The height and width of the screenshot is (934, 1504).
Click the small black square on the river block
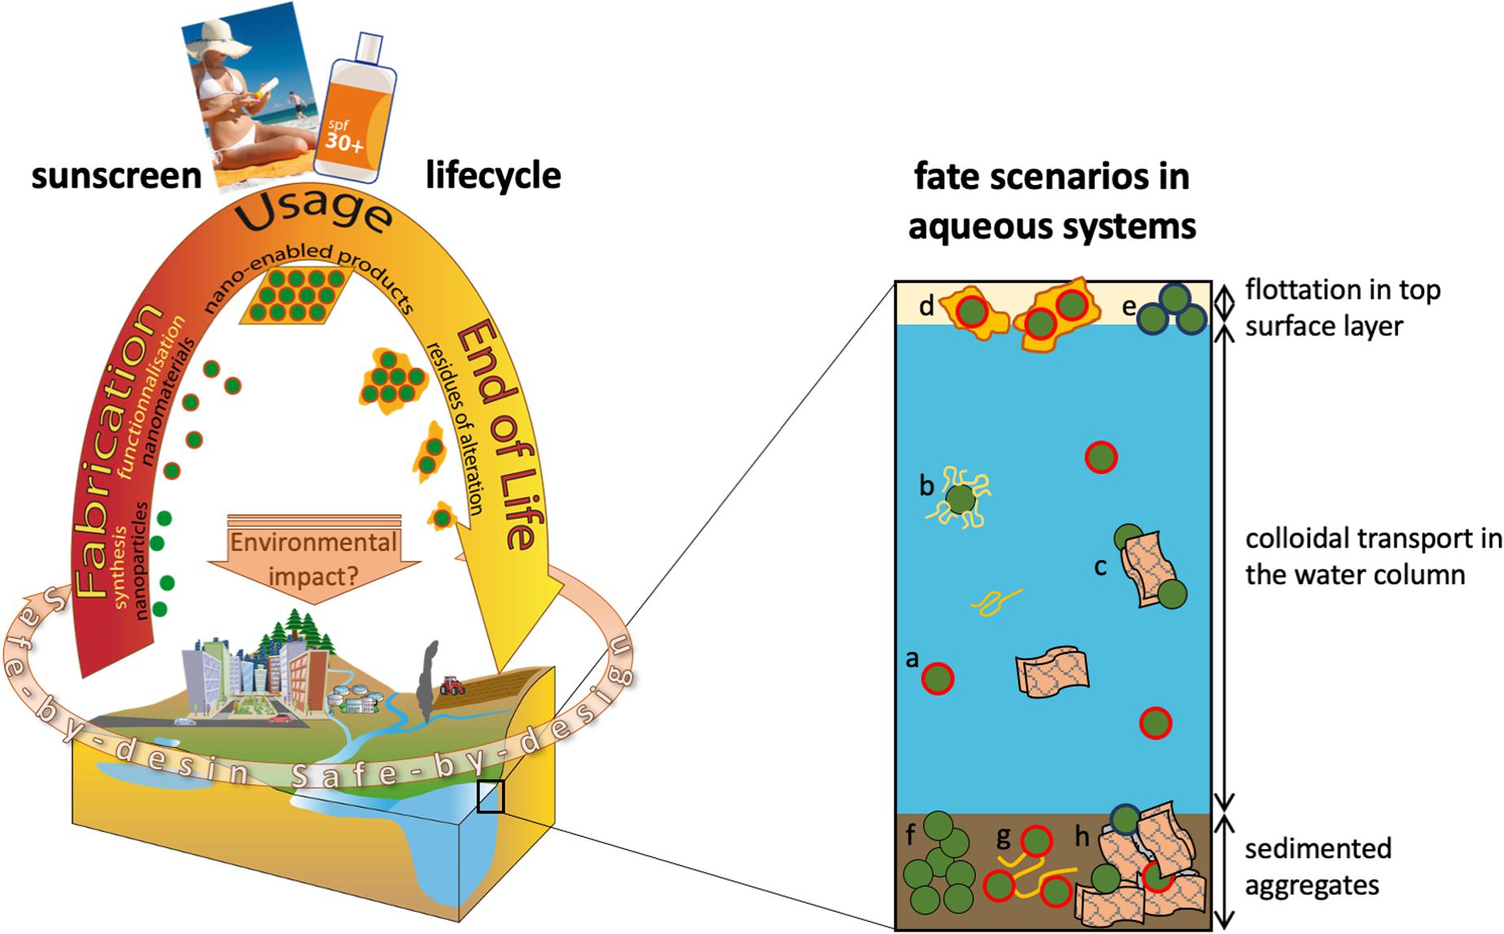(490, 796)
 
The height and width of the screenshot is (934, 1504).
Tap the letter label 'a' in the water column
(913, 658)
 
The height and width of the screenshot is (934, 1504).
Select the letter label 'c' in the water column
(1100, 566)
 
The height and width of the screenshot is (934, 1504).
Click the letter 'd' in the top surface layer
(926, 306)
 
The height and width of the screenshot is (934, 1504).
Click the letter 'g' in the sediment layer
(1004, 836)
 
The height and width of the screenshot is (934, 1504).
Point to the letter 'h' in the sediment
(1082, 837)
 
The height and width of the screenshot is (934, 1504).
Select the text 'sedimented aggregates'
(1317, 866)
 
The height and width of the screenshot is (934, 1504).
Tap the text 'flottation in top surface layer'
(1342, 307)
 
